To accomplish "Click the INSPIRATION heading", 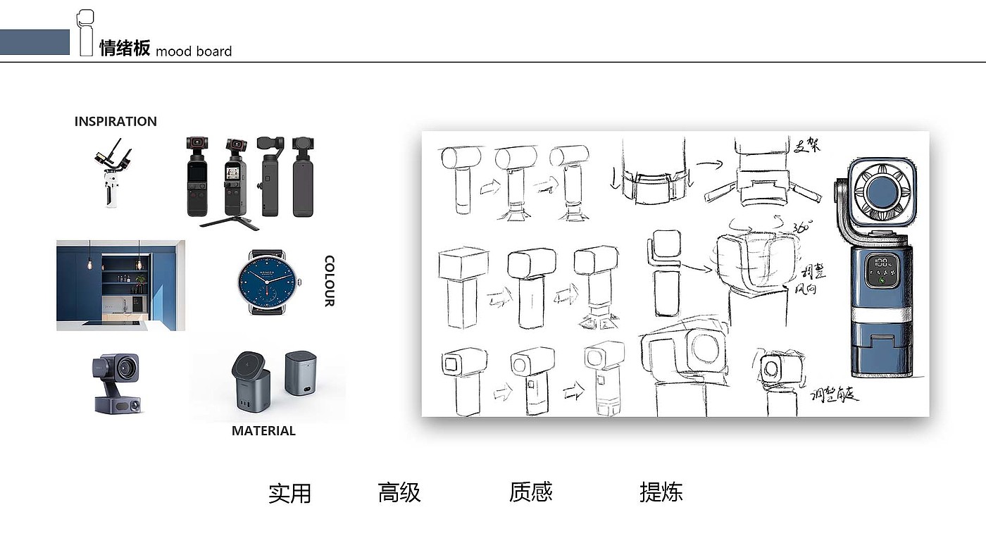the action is click(116, 121).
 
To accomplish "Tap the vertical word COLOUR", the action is click(329, 281).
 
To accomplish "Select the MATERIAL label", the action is click(263, 431).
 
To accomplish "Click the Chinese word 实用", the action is click(289, 493).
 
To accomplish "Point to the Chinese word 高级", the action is click(399, 492).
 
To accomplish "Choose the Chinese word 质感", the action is click(530, 492).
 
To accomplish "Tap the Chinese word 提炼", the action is click(661, 492).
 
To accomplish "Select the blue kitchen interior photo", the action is click(120, 285).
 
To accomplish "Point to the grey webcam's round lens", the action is click(127, 368).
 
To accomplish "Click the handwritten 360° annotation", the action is click(802, 227).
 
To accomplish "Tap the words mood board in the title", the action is click(194, 51).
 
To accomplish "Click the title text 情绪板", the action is click(125, 49).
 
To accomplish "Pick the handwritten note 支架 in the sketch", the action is click(809, 147).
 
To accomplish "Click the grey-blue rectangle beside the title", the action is click(35, 42).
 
